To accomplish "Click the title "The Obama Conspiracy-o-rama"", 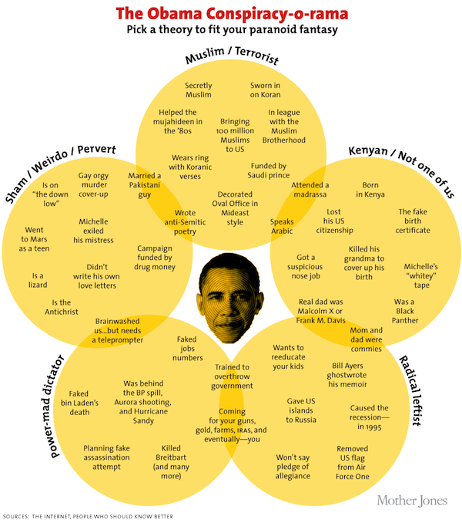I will (x=232, y=13).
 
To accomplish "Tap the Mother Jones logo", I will (x=412, y=501).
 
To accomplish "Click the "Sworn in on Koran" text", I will (x=265, y=89).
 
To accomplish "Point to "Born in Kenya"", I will (x=370, y=191).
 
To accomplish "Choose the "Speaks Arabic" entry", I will (x=282, y=226).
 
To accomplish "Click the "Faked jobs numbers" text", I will (x=187, y=348).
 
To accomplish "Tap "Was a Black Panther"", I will (x=405, y=311).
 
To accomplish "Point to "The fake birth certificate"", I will (x=413, y=221).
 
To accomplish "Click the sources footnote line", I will (x=88, y=516).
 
